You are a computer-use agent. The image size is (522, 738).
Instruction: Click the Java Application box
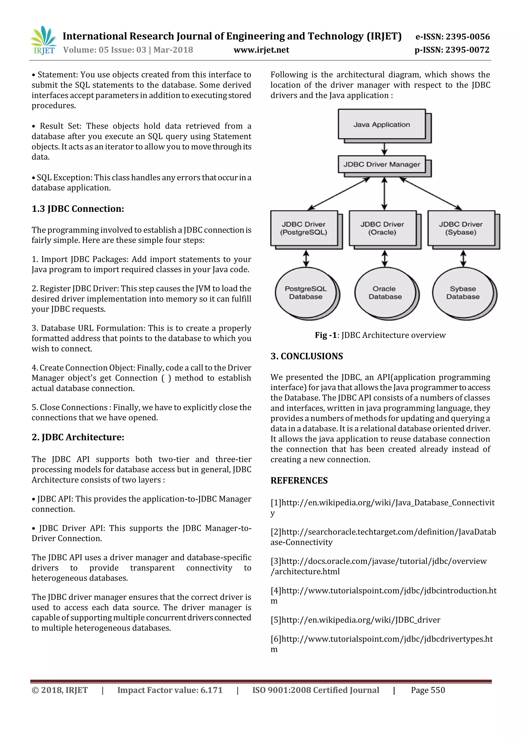pyautogui.click(x=382, y=124)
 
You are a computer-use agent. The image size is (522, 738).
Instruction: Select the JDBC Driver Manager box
pyautogui.click(x=382, y=164)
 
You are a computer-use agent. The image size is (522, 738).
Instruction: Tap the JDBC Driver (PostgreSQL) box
pyautogui.click(x=304, y=228)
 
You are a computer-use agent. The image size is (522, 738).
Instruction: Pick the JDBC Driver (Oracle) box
pyautogui.click(x=383, y=228)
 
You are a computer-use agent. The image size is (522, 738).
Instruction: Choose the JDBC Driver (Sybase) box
pyautogui.click(x=461, y=228)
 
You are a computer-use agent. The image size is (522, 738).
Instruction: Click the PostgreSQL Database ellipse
pyautogui.click(x=306, y=293)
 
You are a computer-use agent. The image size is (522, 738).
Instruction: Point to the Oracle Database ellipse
pyautogui.click(x=385, y=293)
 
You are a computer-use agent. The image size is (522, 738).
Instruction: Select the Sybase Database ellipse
pyautogui.click(x=463, y=293)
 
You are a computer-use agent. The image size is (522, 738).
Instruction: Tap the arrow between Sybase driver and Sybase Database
pyautogui.click(x=463, y=258)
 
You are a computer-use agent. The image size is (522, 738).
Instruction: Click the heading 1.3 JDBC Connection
pyautogui.click(x=78, y=209)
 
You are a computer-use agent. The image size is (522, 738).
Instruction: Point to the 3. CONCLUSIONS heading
pyautogui.click(x=307, y=356)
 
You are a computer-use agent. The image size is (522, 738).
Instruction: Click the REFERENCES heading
pyautogui.click(x=299, y=481)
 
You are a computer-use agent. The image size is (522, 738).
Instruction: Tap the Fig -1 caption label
pyautogui.click(x=325, y=335)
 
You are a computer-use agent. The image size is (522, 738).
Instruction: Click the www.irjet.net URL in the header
pyautogui.click(x=261, y=50)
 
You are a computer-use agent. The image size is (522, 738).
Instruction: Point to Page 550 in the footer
pyautogui.click(x=428, y=690)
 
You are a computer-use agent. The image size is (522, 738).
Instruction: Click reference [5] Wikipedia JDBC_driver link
pyautogui.click(x=355, y=620)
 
